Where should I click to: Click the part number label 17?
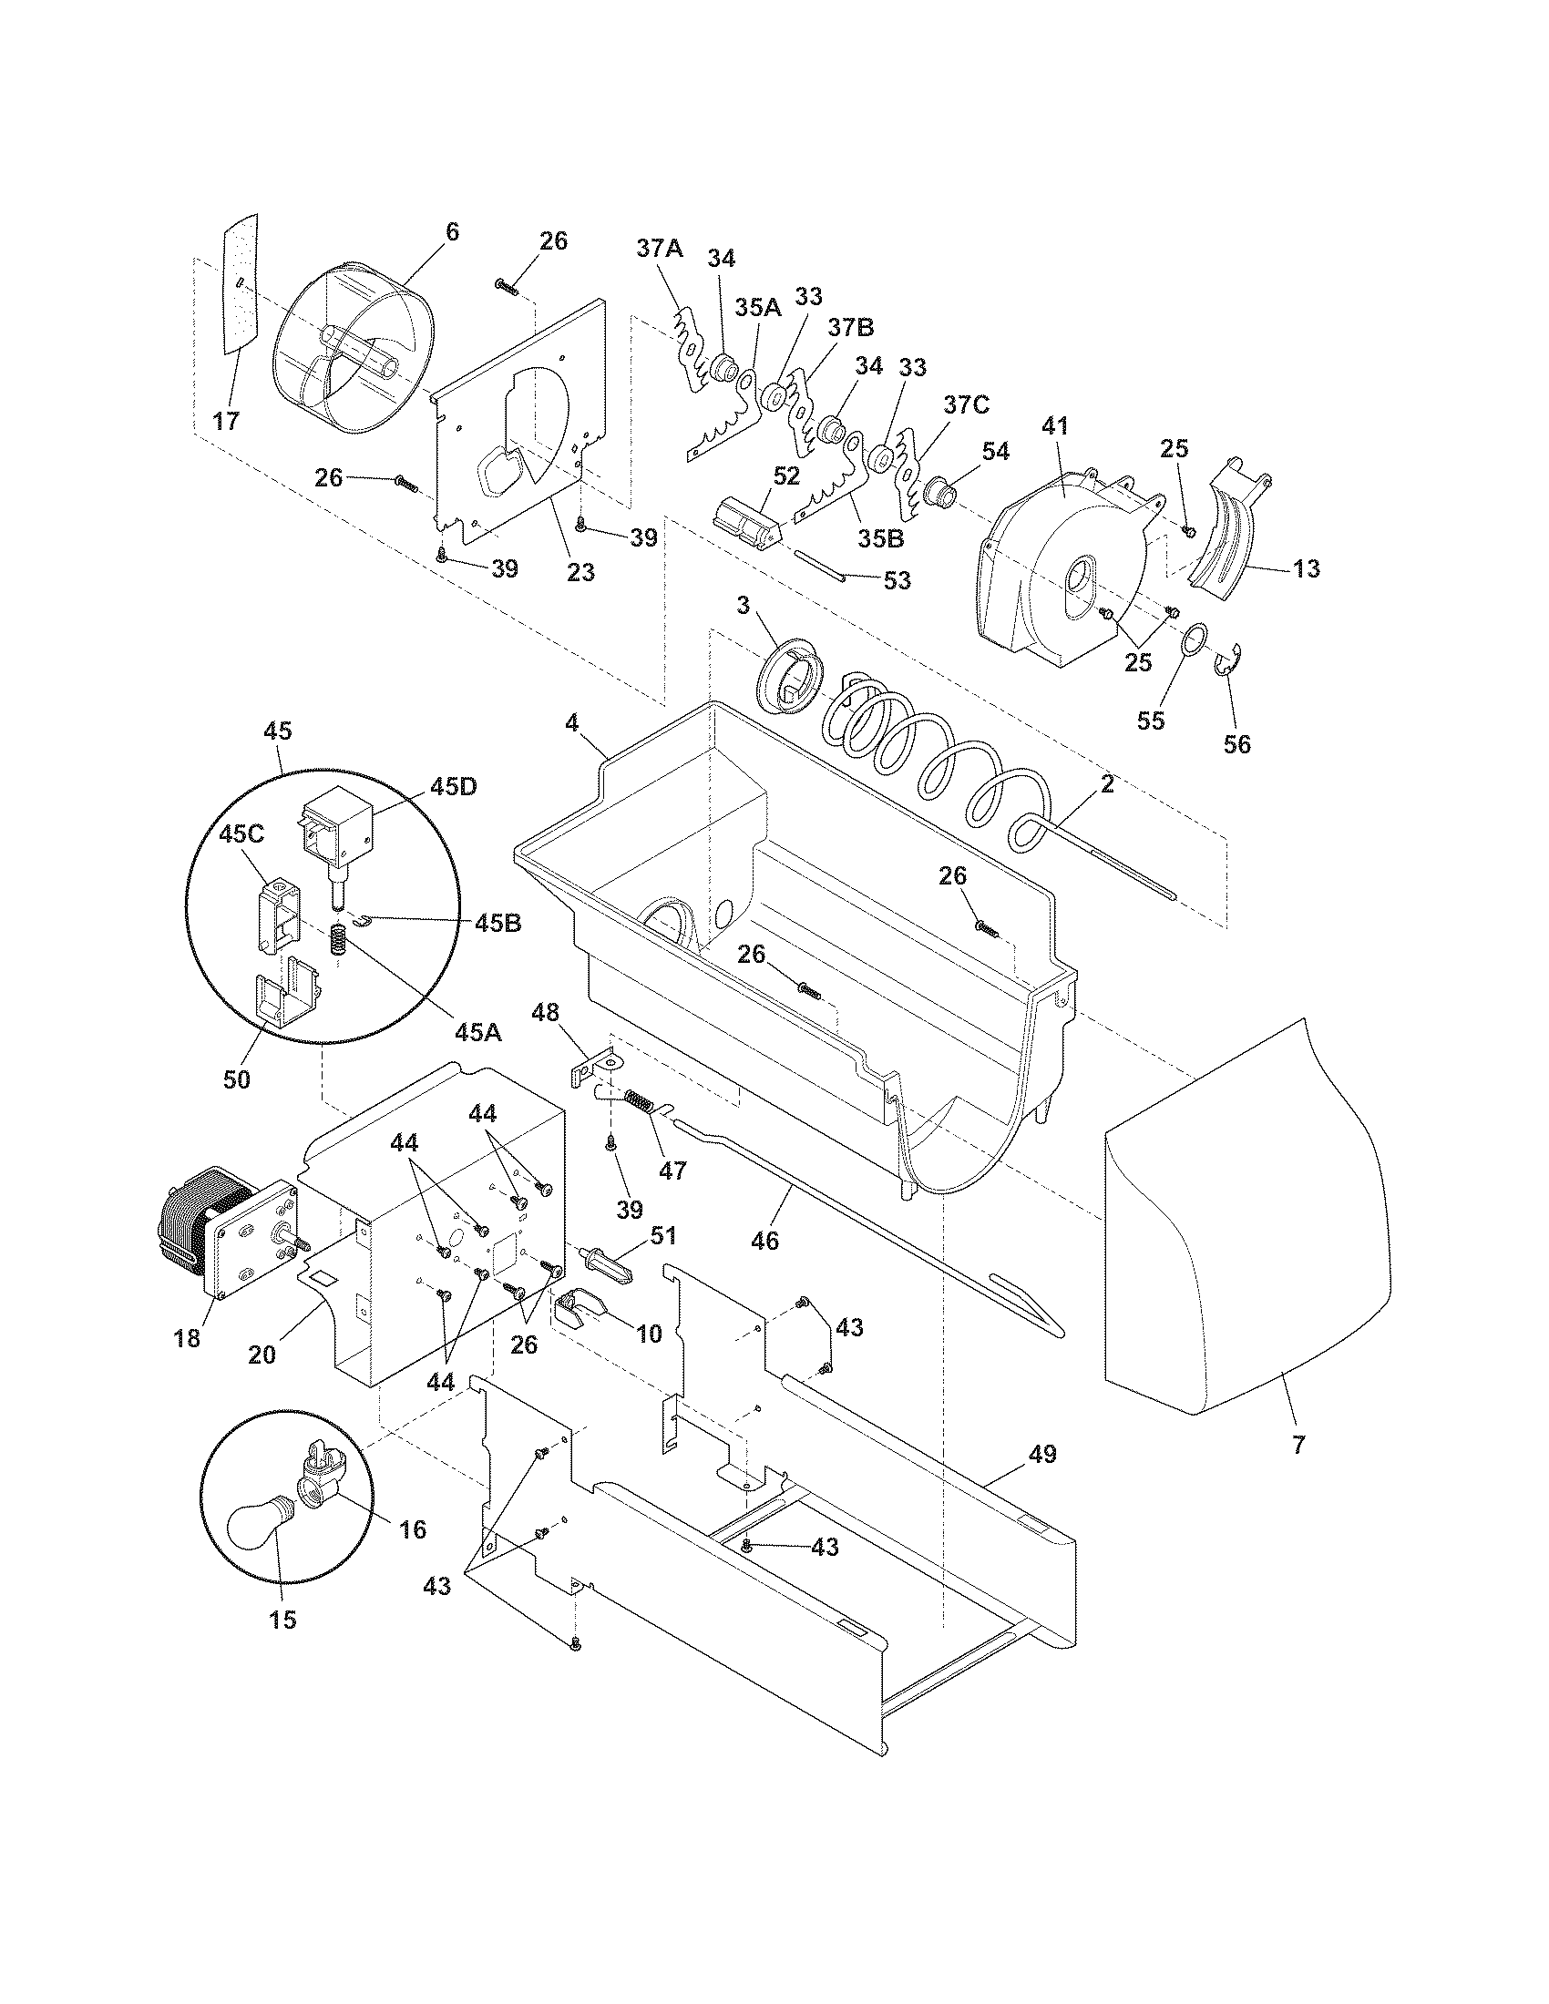[226, 421]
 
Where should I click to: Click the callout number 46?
[764, 1241]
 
